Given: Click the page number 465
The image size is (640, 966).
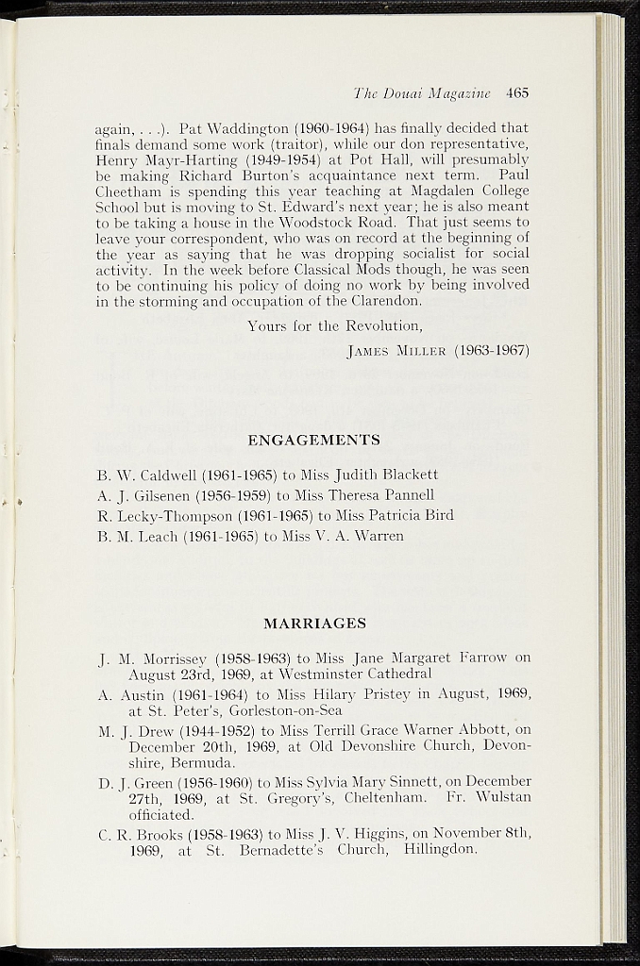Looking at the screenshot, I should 516,93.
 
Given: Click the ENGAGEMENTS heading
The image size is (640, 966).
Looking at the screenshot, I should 313,441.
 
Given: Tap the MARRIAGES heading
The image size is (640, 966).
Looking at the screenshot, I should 314,624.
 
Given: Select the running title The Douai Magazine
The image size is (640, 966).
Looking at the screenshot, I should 422,93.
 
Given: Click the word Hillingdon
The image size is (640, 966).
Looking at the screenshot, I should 439,849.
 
